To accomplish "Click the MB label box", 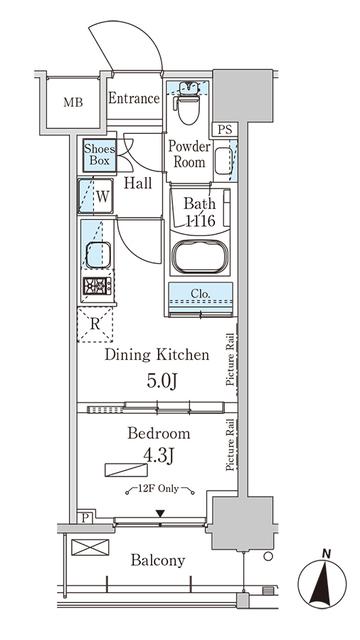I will (74, 101).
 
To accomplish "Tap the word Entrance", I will (134, 98).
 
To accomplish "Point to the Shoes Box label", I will (99, 155).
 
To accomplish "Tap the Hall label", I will (138, 183).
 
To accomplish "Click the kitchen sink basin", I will (98, 255).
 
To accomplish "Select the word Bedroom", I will (158, 434).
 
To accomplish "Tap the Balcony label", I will (158, 560).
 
